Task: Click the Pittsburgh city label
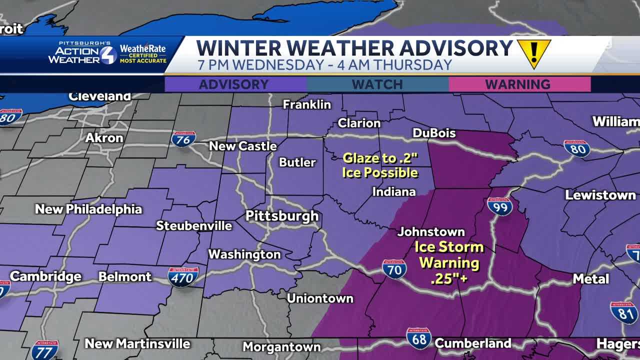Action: [x=281, y=216]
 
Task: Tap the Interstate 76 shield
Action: [x=183, y=139]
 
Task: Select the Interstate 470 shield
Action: [x=183, y=276]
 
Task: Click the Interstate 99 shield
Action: [x=499, y=205]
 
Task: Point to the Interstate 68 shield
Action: [x=418, y=338]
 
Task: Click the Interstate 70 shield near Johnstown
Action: [x=394, y=269]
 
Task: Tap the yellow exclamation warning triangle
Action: [x=533, y=52]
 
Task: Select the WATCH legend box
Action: [x=377, y=84]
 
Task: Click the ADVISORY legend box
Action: [x=234, y=84]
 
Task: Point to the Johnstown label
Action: [x=431, y=232]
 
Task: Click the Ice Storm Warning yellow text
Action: [x=449, y=262]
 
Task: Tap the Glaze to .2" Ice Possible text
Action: [x=380, y=166]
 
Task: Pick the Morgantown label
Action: [x=281, y=346]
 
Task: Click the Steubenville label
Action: [x=194, y=226]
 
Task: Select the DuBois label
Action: [x=434, y=133]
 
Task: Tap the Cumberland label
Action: [x=472, y=343]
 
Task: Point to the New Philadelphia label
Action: [x=88, y=209]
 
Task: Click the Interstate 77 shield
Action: [x=44, y=349]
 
